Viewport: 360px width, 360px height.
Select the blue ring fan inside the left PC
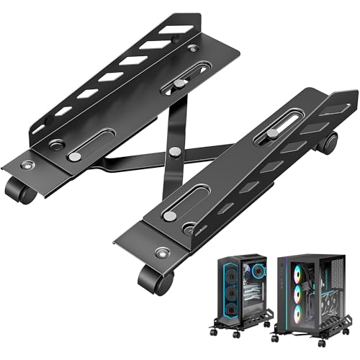tap(230, 288)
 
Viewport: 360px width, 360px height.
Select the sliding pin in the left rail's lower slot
tap(75, 156)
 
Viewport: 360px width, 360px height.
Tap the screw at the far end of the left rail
tap(192, 49)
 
